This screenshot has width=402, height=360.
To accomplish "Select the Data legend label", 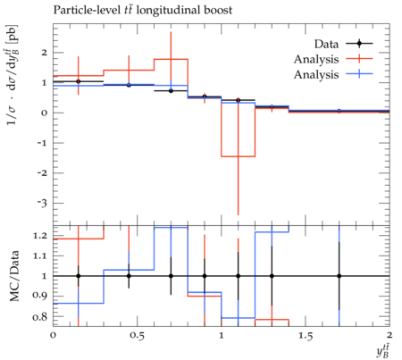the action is tap(326, 44).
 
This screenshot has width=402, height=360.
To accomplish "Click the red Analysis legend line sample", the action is tap(359, 59).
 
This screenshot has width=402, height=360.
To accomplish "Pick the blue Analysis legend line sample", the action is tap(359, 73).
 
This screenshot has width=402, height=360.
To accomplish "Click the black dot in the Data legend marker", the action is tap(359, 44).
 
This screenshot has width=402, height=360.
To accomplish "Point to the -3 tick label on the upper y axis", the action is tap(44, 204).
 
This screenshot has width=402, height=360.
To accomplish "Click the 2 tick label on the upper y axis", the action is tap(45, 53).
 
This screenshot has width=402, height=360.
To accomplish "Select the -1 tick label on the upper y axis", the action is tap(44, 143).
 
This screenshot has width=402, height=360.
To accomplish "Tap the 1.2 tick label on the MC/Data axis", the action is tap(40, 236).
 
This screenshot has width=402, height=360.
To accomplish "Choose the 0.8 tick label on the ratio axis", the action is tap(40, 316).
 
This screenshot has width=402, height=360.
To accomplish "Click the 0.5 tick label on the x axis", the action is tap(138, 336).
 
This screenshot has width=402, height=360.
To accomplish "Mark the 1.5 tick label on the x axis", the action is tap(306, 336).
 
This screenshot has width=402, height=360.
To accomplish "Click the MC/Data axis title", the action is tap(14, 276).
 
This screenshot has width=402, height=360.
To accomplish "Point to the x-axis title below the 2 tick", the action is tap(383, 350).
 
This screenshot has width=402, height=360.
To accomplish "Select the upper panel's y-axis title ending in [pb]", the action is tap(13, 75).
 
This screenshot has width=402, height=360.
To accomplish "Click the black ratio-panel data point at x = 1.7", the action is tap(339, 276).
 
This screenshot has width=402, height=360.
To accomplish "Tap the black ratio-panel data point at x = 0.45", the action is tap(129, 276).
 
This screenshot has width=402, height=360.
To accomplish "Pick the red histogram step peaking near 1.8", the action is tap(171, 59).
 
